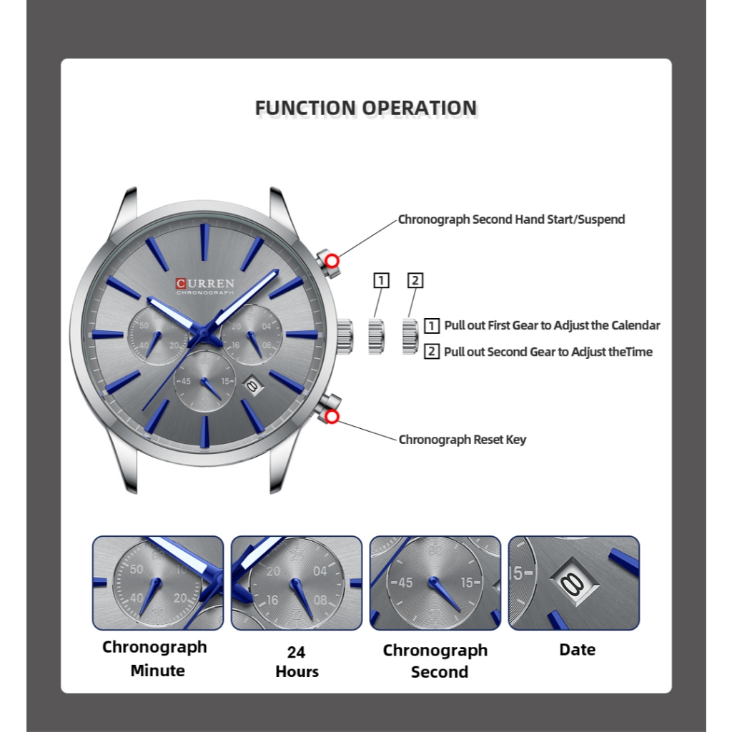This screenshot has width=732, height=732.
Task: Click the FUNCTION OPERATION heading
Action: coord(365,108)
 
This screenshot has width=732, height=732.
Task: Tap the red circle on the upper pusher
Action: coord(332,261)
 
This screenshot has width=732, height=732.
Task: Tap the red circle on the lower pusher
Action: coord(332,417)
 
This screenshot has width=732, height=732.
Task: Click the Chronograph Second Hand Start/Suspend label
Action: coord(511,219)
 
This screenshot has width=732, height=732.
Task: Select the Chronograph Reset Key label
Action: coord(463,440)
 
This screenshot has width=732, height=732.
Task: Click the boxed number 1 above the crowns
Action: coord(382,280)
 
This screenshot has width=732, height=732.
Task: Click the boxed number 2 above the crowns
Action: coord(415,280)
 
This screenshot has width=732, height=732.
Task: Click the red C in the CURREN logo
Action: coord(181,283)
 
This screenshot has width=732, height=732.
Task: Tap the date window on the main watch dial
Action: coord(252,386)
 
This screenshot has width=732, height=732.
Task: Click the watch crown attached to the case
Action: coord(345,337)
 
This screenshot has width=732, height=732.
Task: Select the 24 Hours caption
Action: coord(297,661)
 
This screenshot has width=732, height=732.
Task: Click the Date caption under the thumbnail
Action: coord(577,650)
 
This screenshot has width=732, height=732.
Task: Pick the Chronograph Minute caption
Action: coord(155,658)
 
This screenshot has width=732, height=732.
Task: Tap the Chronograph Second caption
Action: coord(435,661)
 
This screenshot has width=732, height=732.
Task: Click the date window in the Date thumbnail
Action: coord(574,582)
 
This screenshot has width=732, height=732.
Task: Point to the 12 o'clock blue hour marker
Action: coord(204,242)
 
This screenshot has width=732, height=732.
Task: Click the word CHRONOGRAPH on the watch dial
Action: coord(205,292)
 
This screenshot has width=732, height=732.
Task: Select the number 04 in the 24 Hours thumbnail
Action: coord(320,571)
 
